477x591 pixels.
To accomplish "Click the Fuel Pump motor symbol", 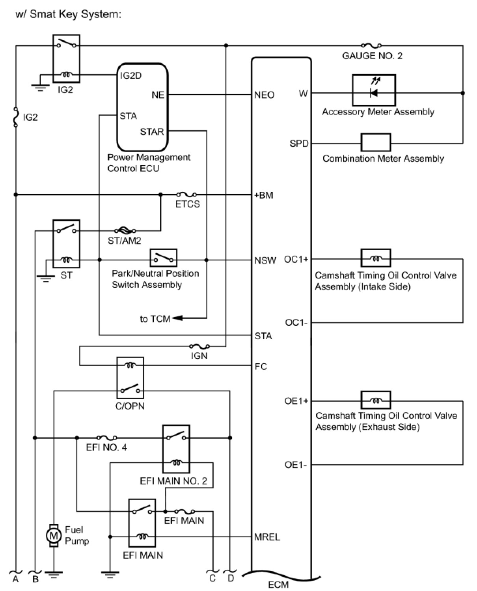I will click(54, 535).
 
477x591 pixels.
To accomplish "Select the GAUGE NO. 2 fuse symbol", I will click(371, 46).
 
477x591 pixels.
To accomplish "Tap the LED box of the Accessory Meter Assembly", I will click(373, 90).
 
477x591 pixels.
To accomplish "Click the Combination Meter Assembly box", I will click(376, 143).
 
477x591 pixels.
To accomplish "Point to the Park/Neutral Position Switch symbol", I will click(163, 258).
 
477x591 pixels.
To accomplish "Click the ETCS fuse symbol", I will click(186, 195).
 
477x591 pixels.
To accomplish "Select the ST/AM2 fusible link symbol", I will click(125, 230).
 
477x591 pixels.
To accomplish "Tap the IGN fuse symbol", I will click(199, 347).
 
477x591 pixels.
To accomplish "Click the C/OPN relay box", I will click(130, 378).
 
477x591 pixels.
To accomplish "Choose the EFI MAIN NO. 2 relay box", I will click(176, 449).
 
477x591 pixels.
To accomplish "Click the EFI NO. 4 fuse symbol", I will click(106, 438).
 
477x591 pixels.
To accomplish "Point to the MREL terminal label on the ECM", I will click(267, 537).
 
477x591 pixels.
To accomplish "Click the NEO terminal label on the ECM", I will click(264, 95).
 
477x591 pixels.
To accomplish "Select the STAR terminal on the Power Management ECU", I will click(152, 131).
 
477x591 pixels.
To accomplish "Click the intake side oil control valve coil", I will click(376, 258).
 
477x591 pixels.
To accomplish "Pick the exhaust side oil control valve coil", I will click(376, 400).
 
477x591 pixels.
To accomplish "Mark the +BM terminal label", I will click(263, 195).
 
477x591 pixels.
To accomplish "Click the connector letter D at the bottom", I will click(231, 579).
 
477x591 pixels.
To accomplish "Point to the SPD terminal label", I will click(299, 144).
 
